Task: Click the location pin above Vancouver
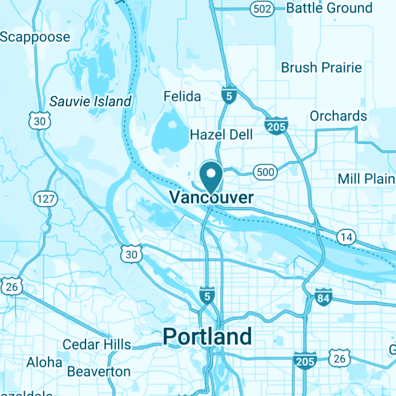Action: pos(212,176)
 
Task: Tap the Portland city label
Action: pos(207,336)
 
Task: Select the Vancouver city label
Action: pos(211,197)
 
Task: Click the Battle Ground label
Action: pos(329,8)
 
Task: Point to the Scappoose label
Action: pos(35,37)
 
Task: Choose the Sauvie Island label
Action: pos(90,101)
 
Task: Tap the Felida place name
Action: pos(182,97)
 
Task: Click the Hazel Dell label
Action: pos(221,135)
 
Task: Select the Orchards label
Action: pos(338,116)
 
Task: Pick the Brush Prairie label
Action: pos(322,68)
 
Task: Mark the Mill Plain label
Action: pos(366,179)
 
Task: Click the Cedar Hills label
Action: pos(97,344)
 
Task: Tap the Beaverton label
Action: pos(99,371)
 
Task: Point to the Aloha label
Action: pos(44,362)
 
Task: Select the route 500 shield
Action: pos(265,172)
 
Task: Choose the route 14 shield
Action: pos(346,236)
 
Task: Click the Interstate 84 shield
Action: pos(323,298)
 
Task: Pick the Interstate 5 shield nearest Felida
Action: pos(229,95)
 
